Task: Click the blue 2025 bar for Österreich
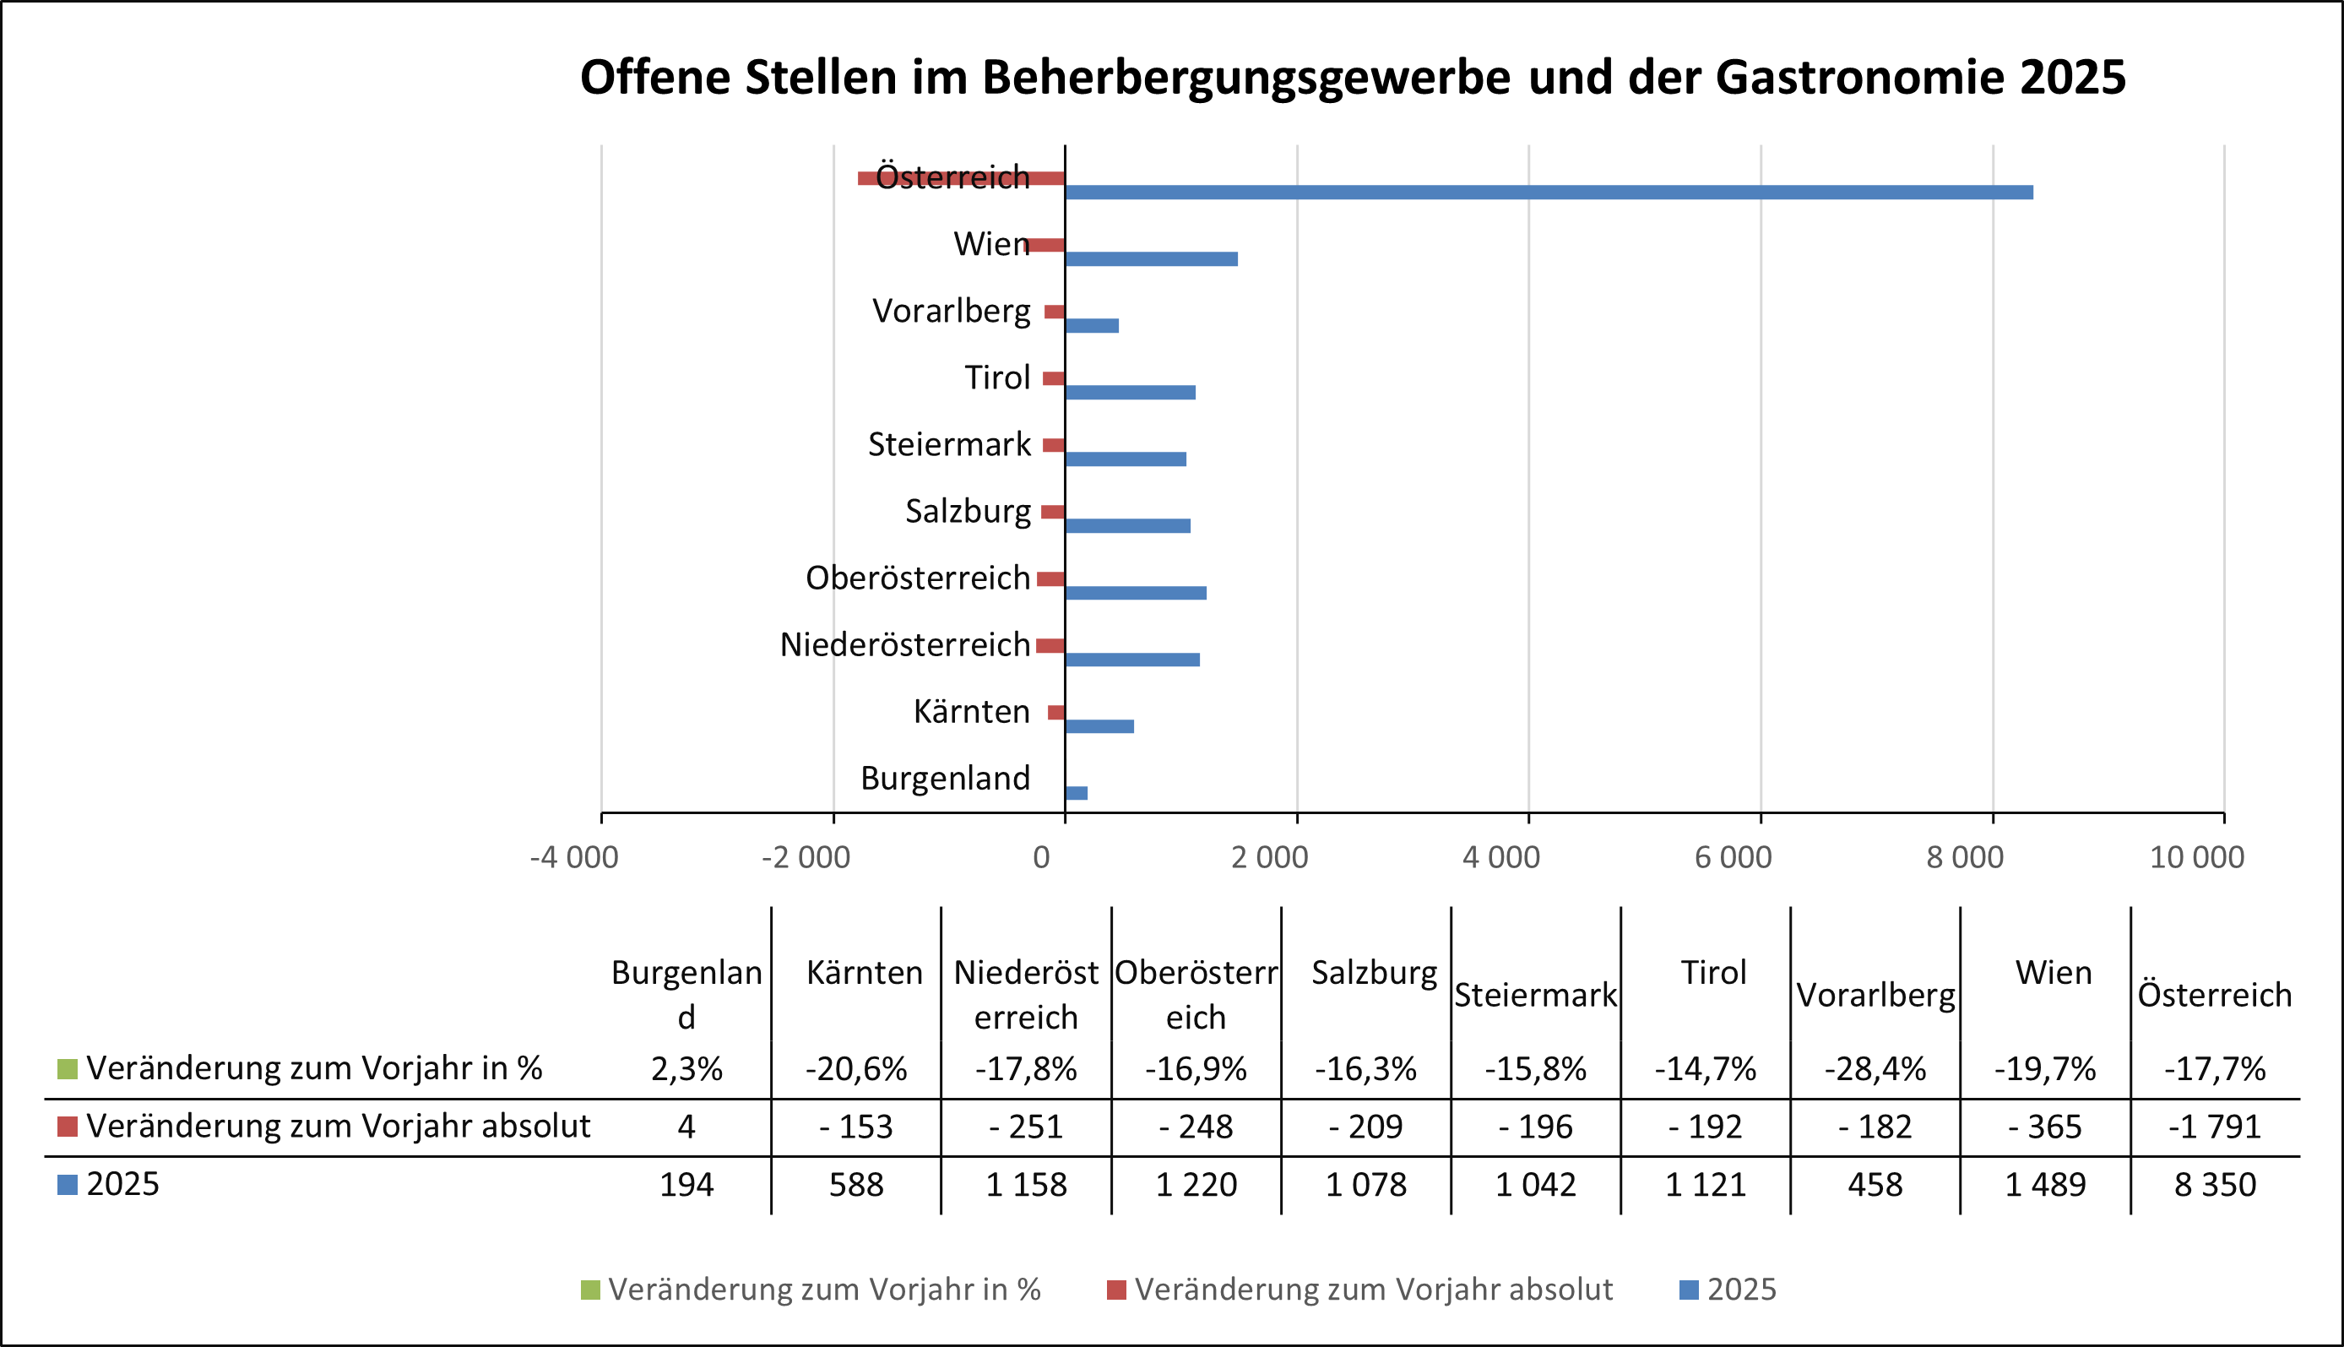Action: pos(1549,193)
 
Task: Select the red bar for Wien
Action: pos(1047,245)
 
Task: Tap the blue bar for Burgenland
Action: pos(1076,793)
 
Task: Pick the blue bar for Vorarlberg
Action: pos(1092,326)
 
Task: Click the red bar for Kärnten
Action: pos(1056,713)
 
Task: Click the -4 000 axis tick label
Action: pos(573,857)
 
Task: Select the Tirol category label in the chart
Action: pos(996,377)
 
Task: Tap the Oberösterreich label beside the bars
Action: pos(917,578)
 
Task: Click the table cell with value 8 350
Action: pos(2215,1185)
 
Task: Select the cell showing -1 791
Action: pos(2215,1127)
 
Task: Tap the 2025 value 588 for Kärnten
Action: pos(855,1185)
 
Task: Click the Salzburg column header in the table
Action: pos(1374,973)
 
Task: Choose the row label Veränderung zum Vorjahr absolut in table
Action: pos(338,1127)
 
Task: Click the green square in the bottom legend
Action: pos(590,1290)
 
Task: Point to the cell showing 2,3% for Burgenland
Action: pos(686,1069)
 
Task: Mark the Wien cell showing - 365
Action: pos(2044,1127)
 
